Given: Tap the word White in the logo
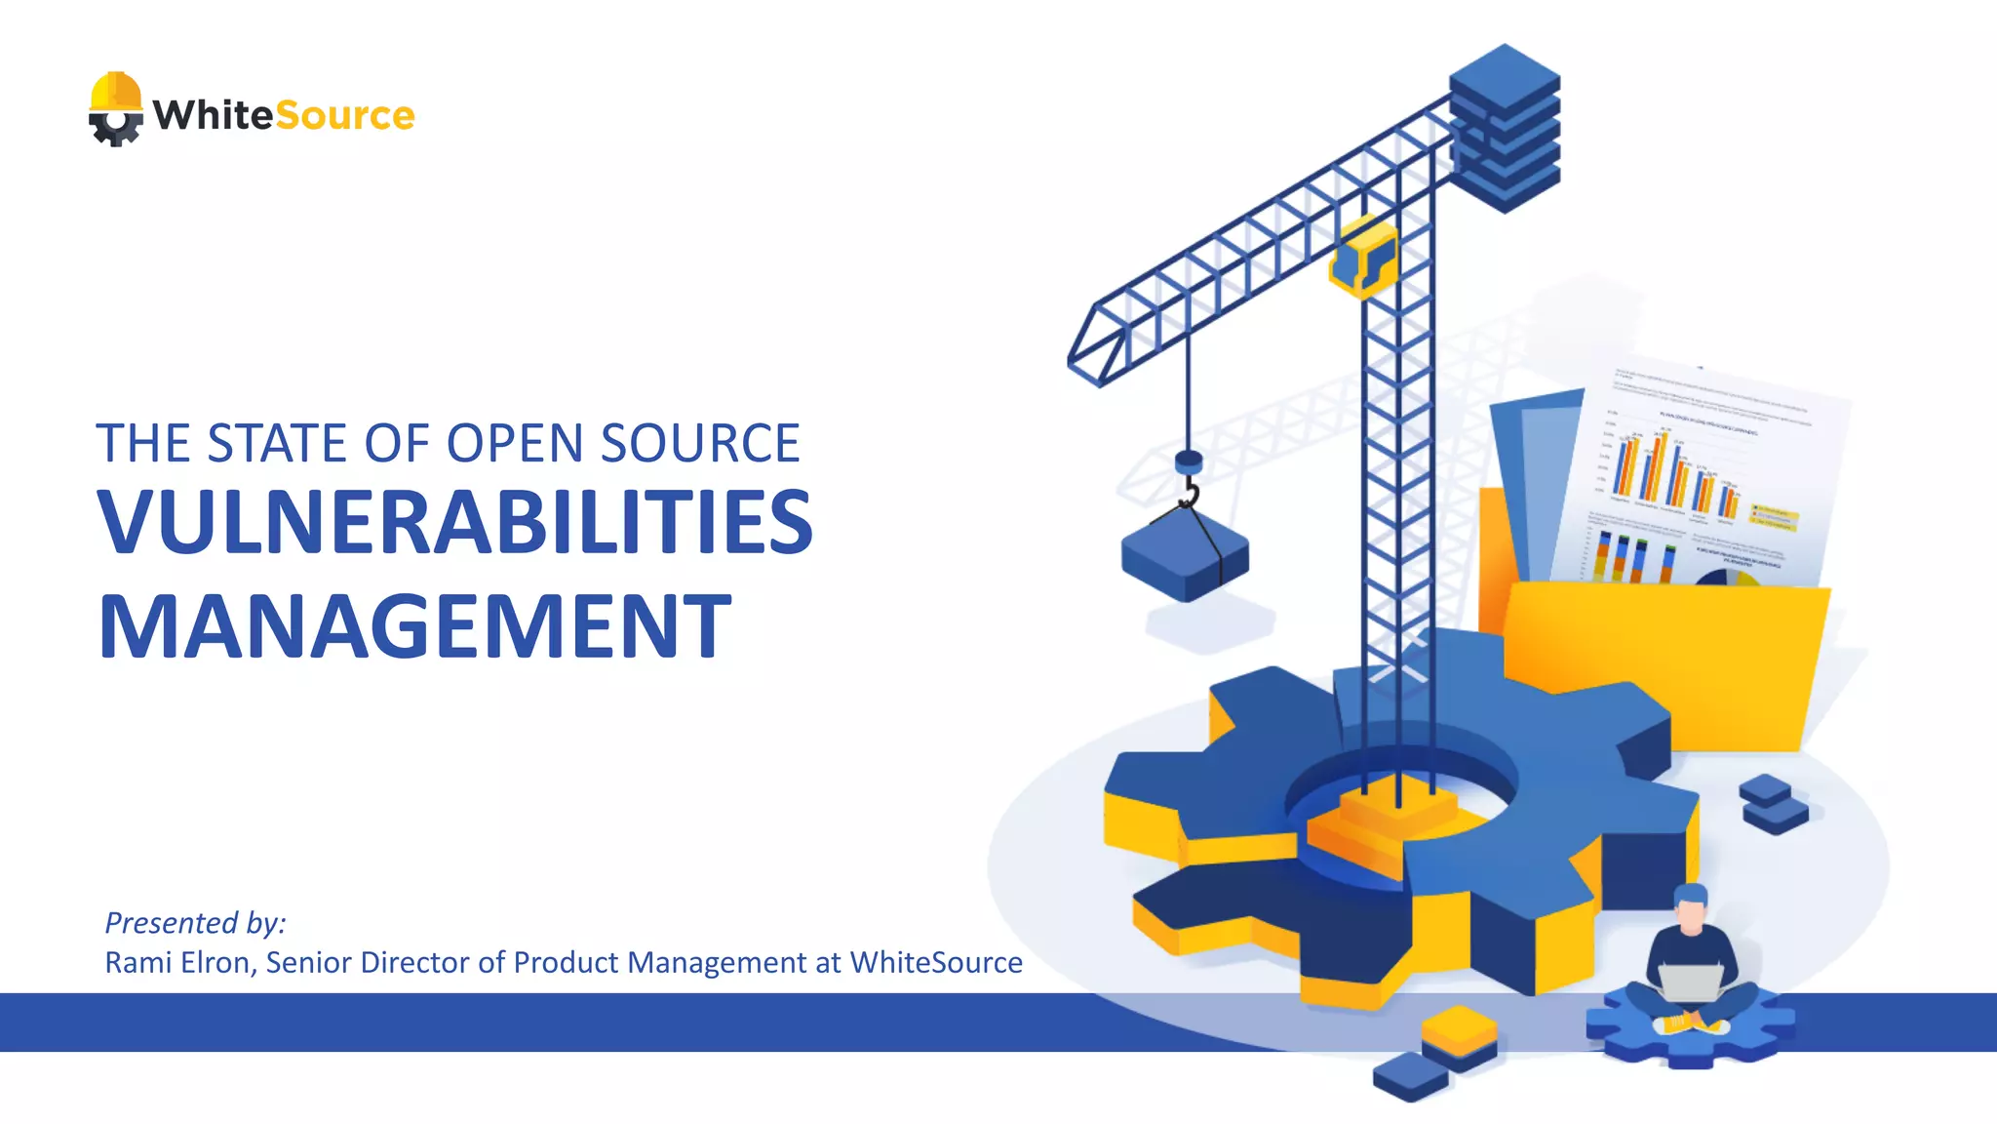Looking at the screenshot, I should point(214,115).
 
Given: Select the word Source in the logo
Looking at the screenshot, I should point(345,116).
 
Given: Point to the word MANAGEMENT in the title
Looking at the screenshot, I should point(414,627).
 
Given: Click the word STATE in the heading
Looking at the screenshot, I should point(277,444).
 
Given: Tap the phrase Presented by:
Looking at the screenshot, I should point(195,922).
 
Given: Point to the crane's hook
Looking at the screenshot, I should point(1189,492).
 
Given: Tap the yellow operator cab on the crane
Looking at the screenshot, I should point(1363,257).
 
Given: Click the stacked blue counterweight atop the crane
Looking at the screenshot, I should point(1504,127).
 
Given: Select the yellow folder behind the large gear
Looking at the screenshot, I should point(1658,663).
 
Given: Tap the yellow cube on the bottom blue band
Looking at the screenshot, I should point(1459,1033).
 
